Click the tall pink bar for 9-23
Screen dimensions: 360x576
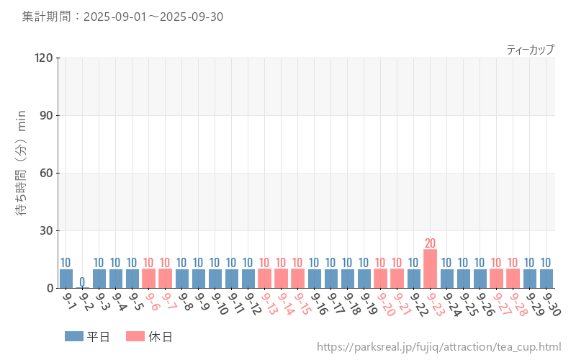(430, 269)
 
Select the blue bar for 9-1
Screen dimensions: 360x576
(66, 279)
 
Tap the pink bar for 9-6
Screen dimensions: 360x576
(148, 279)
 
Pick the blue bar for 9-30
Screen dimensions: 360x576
(546, 279)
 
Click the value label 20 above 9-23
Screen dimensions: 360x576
(430, 243)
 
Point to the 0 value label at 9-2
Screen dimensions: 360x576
(82, 282)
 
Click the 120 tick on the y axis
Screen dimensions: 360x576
(44, 58)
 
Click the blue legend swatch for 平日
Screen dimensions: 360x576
(74, 336)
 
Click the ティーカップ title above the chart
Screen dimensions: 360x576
(530, 50)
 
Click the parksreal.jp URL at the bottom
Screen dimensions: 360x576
(438, 347)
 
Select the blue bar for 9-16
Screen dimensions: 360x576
(314, 279)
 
